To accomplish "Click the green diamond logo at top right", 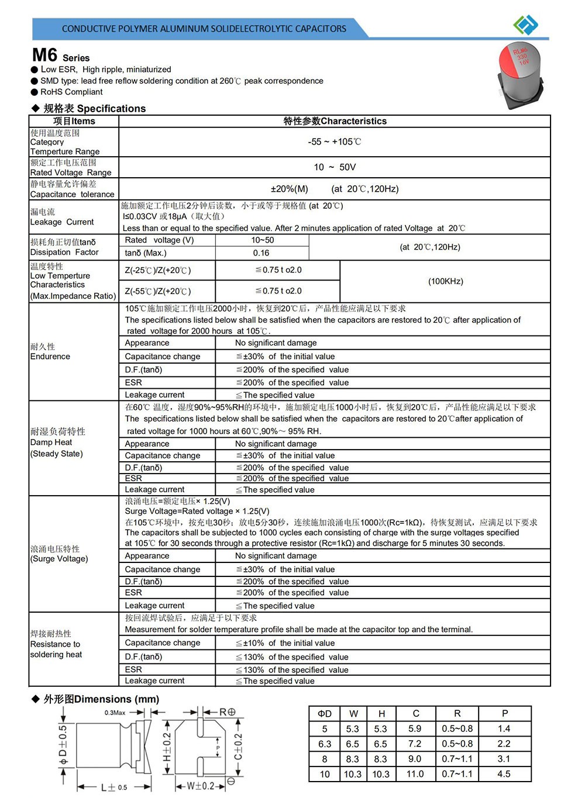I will [x=525, y=25].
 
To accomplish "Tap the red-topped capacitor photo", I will [x=519, y=76].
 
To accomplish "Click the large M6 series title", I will [x=45, y=55].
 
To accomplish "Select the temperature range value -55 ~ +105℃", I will [x=335, y=142].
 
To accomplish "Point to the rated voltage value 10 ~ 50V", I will [x=335, y=167].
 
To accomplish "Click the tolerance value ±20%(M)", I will [x=289, y=189].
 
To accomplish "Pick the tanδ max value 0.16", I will [x=261, y=253].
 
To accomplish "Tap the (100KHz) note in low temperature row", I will [x=446, y=281].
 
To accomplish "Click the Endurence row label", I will [x=50, y=356].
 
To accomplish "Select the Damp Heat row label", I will [x=51, y=443].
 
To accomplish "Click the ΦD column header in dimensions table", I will [x=325, y=713].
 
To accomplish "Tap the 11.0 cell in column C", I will [x=415, y=774].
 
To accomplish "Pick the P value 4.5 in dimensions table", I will [x=504, y=774].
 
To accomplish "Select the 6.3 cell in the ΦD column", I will [x=325, y=744].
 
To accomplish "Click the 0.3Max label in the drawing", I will [x=115, y=713].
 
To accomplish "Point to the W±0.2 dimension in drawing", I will [x=201, y=786].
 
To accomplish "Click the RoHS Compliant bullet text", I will [x=71, y=92].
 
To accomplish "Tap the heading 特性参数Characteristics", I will [x=335, y=121].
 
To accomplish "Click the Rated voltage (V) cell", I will [x=159, y=240].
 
